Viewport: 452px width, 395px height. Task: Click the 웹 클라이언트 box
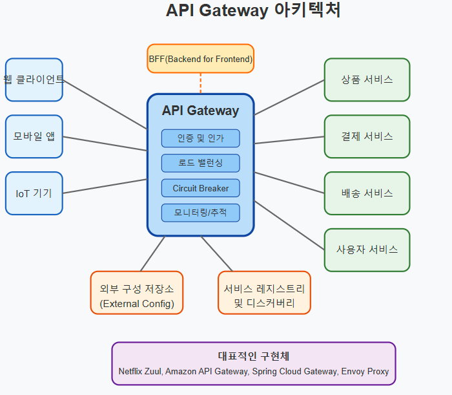(x=34, y=80)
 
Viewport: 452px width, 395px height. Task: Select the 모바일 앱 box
(x=34, y=136)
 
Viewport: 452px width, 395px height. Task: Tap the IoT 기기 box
(x=34, y=193)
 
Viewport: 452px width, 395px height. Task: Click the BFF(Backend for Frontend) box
(x=200, y=59)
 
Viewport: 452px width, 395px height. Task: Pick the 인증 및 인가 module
(x=200, y=138)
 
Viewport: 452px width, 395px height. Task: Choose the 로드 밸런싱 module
(x=200, y=163)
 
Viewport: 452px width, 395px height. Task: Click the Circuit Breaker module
(x=200, y=188)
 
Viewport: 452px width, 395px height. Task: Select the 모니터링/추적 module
(x=200, y=213)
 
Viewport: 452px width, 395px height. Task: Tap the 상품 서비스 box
(x=367, y=80)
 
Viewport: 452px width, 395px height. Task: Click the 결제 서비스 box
(x=367, y=136)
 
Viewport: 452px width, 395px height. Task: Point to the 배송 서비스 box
(x=367, y=193)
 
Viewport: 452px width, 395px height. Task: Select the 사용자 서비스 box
(x=367, y=250)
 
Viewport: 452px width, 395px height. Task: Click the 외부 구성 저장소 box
(x=137, y=293)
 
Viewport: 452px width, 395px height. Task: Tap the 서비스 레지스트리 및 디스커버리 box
(x=264, y=293)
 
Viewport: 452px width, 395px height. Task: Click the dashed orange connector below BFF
(x=200, y=83)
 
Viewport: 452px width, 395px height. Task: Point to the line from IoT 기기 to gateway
(x=105, y=186)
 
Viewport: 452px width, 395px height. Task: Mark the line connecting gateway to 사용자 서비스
(x=289, y=226)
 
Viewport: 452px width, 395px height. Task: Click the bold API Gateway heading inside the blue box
(x=200, y=111)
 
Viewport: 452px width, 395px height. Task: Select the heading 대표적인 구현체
(x=254, y=356)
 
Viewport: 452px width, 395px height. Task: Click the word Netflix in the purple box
(x=130, y=371)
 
